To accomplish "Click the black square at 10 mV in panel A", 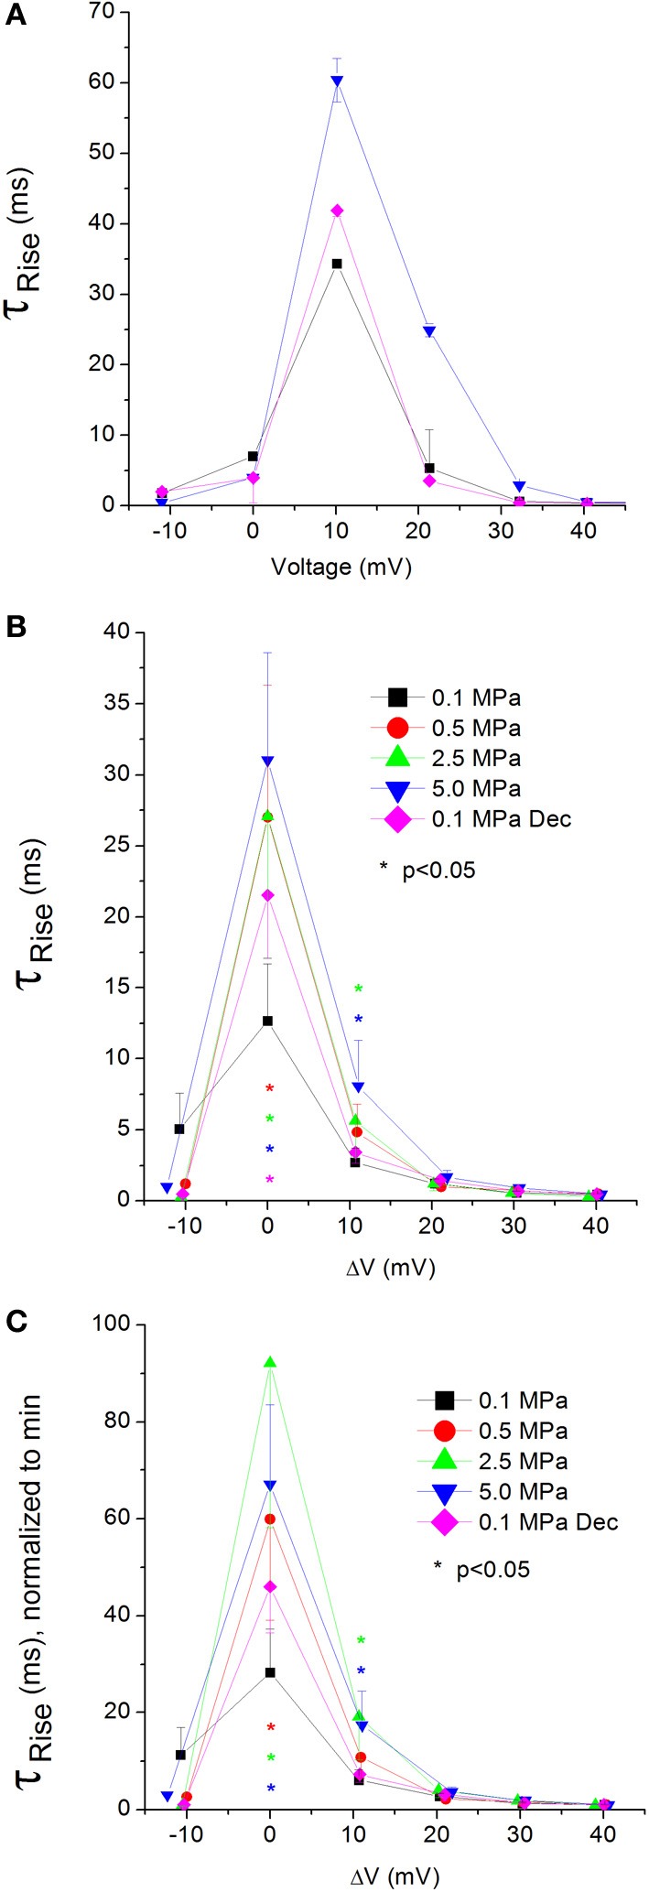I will point(337,264).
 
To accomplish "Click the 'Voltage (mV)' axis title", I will point(341,568).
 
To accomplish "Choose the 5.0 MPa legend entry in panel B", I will point(475,788).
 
